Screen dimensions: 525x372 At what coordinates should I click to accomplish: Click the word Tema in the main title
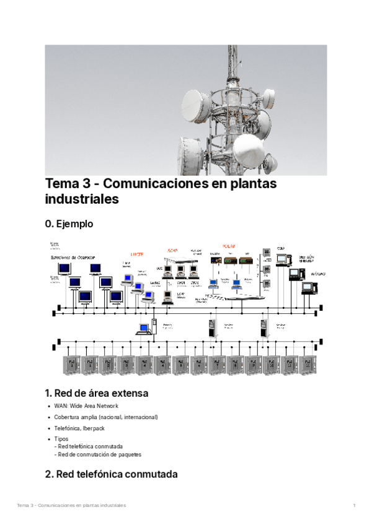pyautogui.click(x=61, y=184)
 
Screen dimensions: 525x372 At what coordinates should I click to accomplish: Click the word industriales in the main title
pyautogui.click(x=81, y=200)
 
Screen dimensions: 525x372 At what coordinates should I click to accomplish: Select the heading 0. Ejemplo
pyautogui.click(x=69, y=223)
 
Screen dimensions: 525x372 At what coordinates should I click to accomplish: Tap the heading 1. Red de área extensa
pyautogui.click(x=96, y=393)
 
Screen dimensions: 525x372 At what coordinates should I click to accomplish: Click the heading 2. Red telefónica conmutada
pyautogui.click(x=111, y=475)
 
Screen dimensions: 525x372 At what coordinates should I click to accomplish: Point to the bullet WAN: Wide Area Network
pyautogui.click(x=86, y=406)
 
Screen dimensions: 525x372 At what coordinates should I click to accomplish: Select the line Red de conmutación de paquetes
pyautogui.click(x=99, y=454)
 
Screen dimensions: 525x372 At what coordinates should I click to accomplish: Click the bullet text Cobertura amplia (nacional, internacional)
pyautogui.click(x=106, y=417)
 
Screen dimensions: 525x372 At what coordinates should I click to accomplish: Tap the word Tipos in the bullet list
pyautogui.click(x=61, y=440)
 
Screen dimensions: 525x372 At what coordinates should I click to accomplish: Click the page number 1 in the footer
pyautogui.click(x=354, y=506)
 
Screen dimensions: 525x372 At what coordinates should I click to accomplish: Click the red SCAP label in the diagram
pyautogui.click(x=172, y=250)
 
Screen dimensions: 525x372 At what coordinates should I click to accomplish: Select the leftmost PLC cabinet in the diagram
pyautogui.click(x=72, y=365)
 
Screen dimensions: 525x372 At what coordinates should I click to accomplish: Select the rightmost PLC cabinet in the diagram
pyautogui.click(x=308, y=365)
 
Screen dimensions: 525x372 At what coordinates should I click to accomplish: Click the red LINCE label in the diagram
pyautogui.click(x=136, y=254)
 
